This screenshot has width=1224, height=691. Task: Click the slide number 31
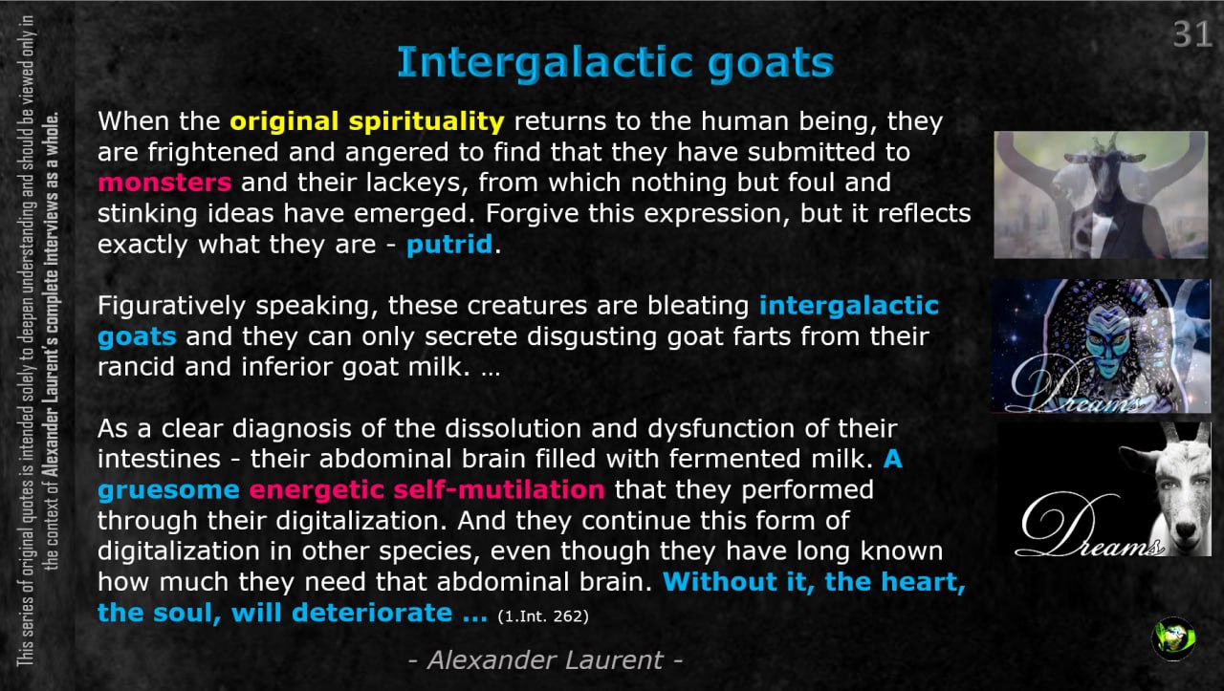point(1191,35)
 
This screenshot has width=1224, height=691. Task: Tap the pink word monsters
point(164,183)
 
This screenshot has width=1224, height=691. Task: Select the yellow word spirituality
point(426,121)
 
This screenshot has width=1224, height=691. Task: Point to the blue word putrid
point(449,244)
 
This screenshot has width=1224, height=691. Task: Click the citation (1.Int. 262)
point(543,616)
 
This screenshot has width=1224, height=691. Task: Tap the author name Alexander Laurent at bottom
point(545,659)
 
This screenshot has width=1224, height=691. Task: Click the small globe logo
point(1173,637)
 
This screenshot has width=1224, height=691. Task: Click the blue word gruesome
point(169,491)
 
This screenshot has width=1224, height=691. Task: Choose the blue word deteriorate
point(372,613)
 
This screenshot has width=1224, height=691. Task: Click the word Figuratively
point(171,306)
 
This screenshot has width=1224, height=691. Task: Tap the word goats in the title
point(771,64)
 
